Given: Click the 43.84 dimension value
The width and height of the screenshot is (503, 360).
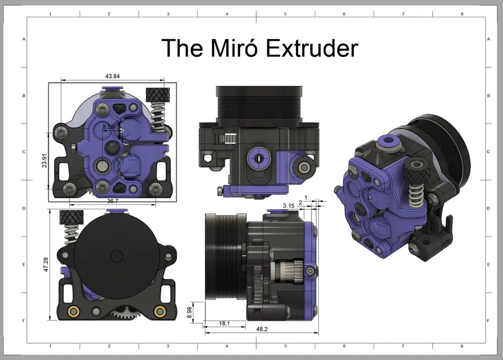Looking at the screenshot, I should coord(112,76).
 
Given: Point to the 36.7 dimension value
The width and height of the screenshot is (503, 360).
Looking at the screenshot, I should coord(112,201).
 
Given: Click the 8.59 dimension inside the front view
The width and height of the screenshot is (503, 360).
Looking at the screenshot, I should coord(108,126).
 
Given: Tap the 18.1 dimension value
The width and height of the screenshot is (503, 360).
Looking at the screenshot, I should coord(224,324).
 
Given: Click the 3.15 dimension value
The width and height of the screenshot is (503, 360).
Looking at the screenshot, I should coord(288,205).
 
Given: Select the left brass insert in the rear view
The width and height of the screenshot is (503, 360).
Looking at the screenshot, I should coord(74,312).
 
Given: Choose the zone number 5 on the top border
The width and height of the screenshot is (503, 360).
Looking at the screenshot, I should coord(285,13).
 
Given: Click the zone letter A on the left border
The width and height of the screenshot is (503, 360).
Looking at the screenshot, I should coord(24,39).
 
